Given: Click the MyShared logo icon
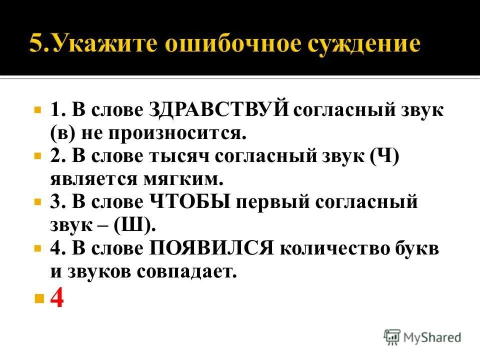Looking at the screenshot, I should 392,337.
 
